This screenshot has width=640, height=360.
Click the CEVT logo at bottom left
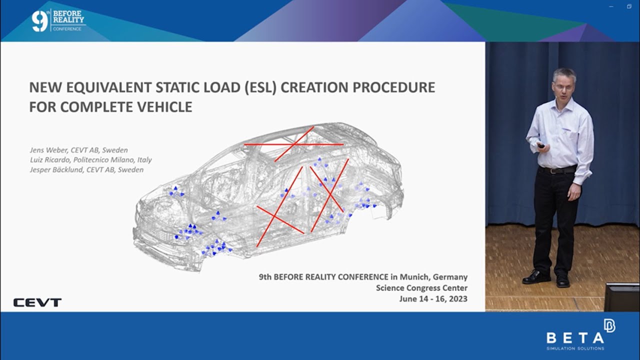tap(37, 302)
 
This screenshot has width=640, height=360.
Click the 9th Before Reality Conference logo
tap(58, 20)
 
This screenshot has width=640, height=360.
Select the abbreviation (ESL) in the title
tap(258, 87)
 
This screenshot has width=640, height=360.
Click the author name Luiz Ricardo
tap(53, 160)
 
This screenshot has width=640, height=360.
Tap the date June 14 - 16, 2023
tap(433, 299)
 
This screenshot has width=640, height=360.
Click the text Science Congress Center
tap(421, 288)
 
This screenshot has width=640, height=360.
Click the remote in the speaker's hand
tap(541, 145)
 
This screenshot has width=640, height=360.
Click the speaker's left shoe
tap(563, 282)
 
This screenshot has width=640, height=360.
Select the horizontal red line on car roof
tap(293, 144)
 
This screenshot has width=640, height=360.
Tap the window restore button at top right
tap(629, 6)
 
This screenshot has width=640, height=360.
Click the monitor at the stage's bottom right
tap(622, 297)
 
